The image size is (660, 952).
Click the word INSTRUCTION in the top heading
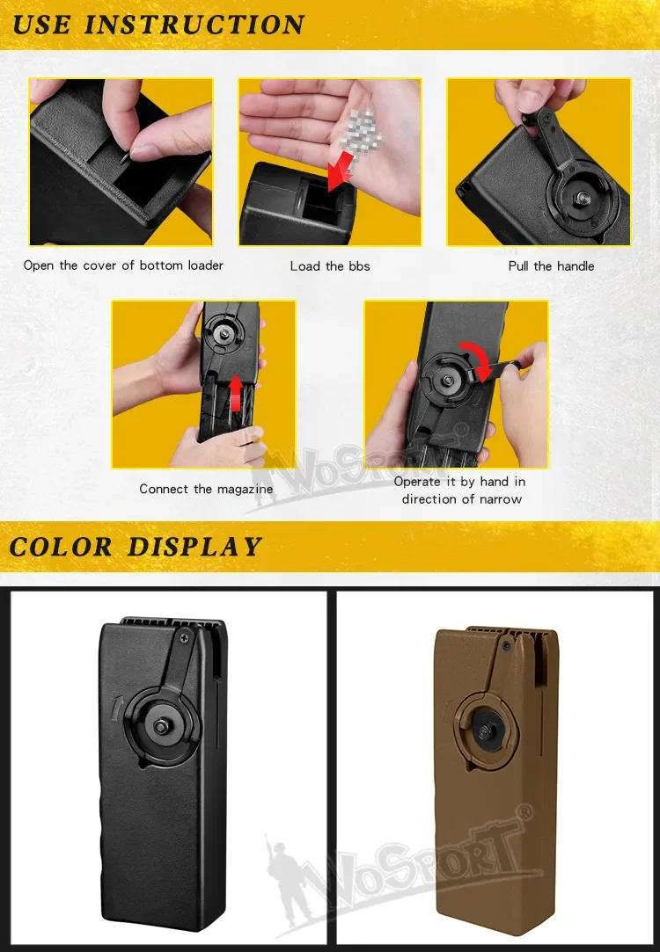pyautogui.click(x=194, y=25)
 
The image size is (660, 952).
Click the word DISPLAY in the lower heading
pyautogui.click(x=194, y=547)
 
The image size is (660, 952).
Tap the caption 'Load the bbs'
pyautogui.click(x=330, y=266)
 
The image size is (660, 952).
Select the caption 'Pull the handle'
pyautogui.click(x=551, y=266)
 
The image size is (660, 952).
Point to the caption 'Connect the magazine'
pyautogui.click(x=206, y=490)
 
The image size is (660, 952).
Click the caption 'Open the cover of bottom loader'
pyautogui.click(x=123, y=265)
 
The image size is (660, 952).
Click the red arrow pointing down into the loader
pyautogui.click(x=341, y=170)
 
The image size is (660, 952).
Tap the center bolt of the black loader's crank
pyautogui.click(x=161, y=727)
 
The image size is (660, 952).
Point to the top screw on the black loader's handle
pyautogui.click(x=184, y=638)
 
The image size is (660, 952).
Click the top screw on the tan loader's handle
pyautogui.click(x=506, y=645)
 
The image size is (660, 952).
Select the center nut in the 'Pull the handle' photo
pyautogui.click(x=582, y=197)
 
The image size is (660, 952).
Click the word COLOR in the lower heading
pyautogui.click(x=61, y=547)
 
